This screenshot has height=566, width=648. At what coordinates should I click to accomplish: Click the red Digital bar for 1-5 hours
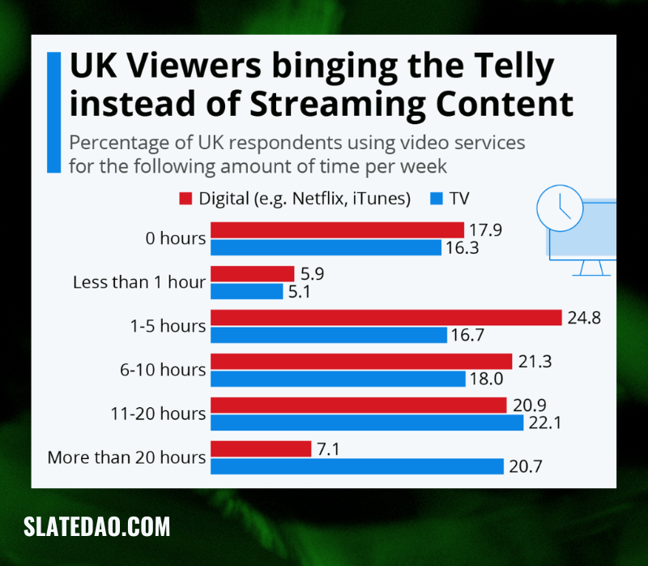(386, 317)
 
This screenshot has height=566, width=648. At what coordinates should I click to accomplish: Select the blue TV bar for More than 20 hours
(357, 466)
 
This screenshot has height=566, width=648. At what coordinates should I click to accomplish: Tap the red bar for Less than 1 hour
(253, 273)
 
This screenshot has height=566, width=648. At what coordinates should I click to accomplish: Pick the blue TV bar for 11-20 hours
(367, 422)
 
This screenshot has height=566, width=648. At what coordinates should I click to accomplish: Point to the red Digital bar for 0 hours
(337, 230)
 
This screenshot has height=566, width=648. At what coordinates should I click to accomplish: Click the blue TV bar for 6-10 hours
(338, 379)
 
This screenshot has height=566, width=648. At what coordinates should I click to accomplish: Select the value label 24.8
(584, 317)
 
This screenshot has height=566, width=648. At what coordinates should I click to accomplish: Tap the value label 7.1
(329, 449)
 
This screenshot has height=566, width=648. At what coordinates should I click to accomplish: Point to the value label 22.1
(545, 422)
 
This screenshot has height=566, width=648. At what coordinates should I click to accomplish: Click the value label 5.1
(299, 292)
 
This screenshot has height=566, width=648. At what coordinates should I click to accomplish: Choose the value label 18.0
(487, 379)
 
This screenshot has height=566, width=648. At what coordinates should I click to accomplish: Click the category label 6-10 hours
(163, 370)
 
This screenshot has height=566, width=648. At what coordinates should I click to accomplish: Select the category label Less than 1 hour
(139, 282)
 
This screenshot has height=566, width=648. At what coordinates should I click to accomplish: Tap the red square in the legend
(185, 199)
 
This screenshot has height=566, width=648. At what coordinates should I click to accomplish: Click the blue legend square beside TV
(437, 199)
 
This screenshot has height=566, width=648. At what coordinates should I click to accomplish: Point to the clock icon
(560, 208)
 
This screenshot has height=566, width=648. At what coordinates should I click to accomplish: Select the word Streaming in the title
(337, 105)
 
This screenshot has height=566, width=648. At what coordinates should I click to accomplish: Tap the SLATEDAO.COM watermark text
(96, 526)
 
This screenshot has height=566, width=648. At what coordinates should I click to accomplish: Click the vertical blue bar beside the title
(53, 112)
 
